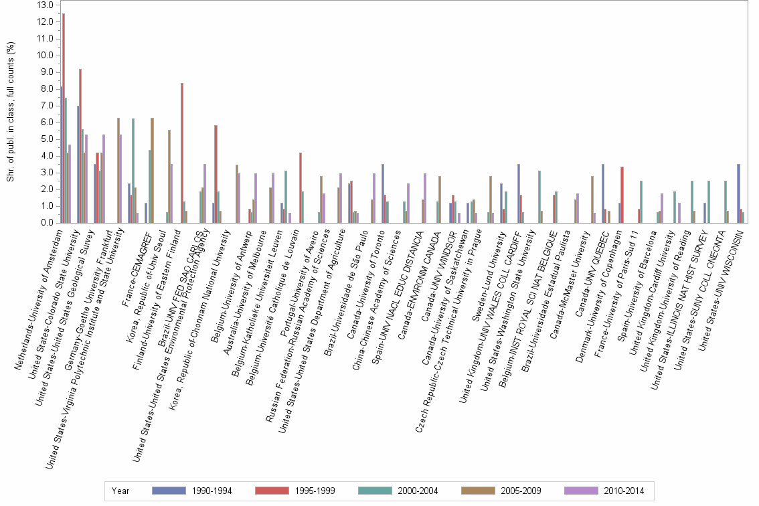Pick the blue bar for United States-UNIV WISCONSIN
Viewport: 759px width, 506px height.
pos(738,193)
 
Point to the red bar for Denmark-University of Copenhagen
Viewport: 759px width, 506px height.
pos(622,195)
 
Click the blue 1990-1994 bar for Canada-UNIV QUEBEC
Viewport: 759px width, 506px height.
pos(603,193)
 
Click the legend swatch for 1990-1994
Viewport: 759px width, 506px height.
pos(169,491)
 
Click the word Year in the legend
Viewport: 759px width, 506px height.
pos(121,491)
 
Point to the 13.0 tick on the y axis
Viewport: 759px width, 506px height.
pos(45,5)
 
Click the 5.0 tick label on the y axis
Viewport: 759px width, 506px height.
pos(46,139)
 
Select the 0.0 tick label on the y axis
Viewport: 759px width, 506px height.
pos(46,223)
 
